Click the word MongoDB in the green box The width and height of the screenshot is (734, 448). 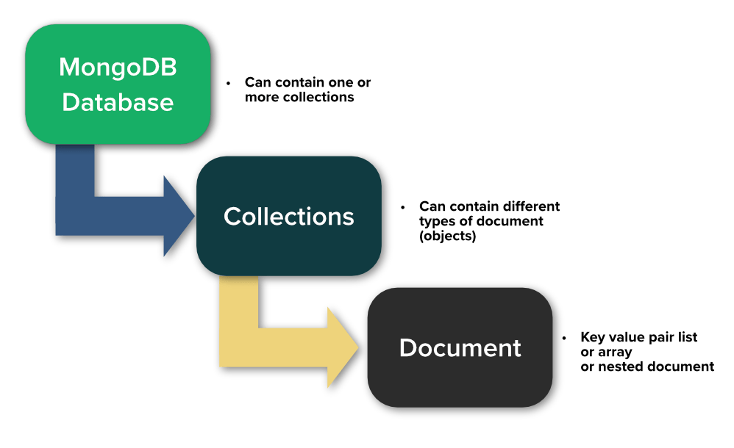(118, 67)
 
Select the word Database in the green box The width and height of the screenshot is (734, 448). (118, 101)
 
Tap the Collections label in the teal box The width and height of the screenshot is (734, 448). (288, 216)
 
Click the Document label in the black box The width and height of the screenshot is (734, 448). (460, 347)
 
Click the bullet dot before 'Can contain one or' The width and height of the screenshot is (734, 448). (229, 83)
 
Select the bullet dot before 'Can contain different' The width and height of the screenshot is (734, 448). (403, 207)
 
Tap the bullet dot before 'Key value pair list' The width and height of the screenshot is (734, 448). (564, 338)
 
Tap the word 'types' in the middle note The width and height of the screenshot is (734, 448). (437, 221)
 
